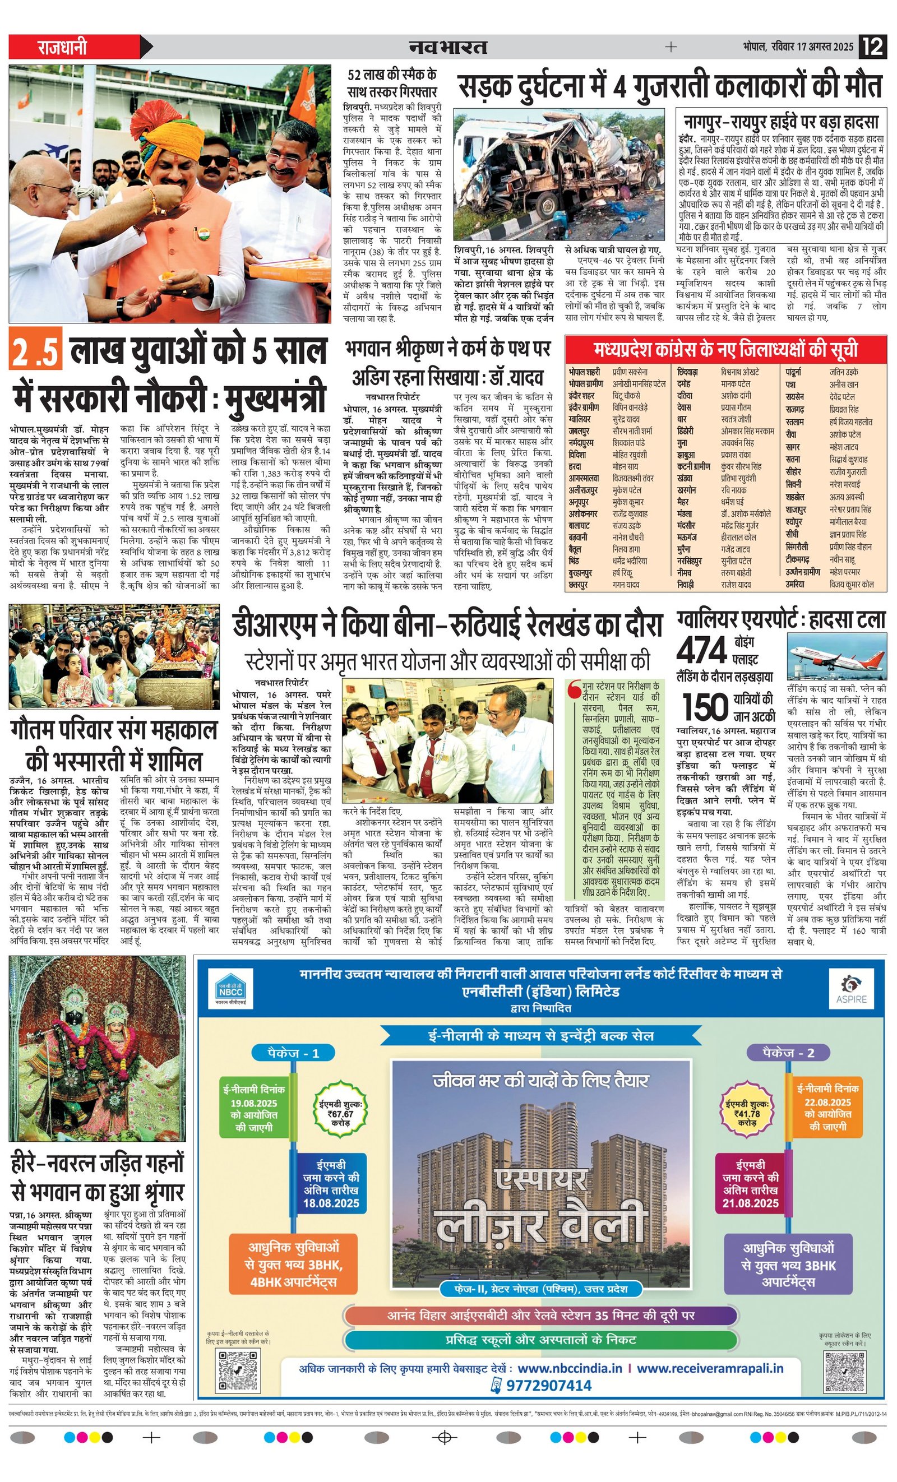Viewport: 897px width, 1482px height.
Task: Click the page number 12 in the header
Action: pos(873,47)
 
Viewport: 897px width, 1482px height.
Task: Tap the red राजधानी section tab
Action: pos(63,47)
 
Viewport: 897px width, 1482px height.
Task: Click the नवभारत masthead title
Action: pos(447,47)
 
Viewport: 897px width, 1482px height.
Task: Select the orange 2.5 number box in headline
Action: pos(35,351)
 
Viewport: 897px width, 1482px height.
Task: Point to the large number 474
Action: pos(701,651)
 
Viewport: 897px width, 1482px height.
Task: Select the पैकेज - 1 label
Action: pos(293,1053)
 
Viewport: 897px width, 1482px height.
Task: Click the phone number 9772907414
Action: pos(549,1385)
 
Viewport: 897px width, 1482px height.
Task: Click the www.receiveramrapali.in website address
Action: pos(710,1368)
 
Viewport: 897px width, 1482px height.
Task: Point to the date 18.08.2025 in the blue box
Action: pos(331,1203)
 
